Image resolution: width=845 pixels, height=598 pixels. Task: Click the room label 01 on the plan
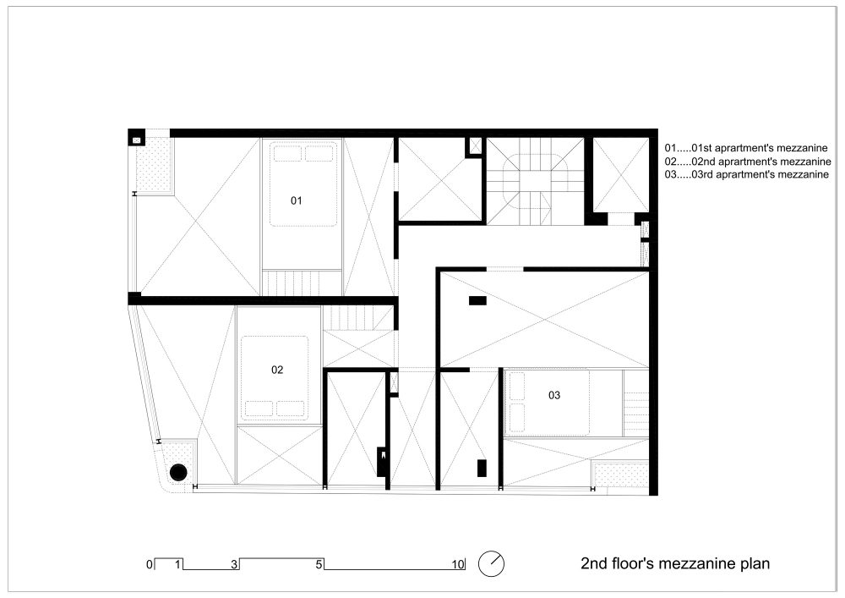(296, 200)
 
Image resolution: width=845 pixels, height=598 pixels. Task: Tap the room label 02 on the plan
(277, 370)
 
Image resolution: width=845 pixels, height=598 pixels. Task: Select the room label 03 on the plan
(554, 395)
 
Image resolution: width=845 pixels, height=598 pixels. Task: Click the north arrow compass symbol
(492, 564)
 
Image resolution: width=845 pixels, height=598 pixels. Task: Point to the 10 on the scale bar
(458, 564)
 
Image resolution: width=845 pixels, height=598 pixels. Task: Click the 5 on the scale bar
(319, 564)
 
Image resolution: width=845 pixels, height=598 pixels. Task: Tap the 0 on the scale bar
(150, 564)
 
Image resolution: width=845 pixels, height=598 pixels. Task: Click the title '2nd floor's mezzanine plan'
(675, 563)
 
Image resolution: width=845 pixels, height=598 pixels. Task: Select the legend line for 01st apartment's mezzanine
(746, 148)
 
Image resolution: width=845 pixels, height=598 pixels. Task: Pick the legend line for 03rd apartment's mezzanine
(746, 174)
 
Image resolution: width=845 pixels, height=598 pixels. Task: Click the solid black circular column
(178, 473)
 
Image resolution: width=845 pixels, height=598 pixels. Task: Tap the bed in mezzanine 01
(303, 184)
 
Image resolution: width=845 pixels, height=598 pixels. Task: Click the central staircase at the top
(535, 181)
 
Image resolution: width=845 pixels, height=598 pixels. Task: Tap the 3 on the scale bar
(234, 564)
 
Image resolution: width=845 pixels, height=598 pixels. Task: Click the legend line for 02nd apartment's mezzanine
(748, 162)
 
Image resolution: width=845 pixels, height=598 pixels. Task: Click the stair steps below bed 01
(303, 283)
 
